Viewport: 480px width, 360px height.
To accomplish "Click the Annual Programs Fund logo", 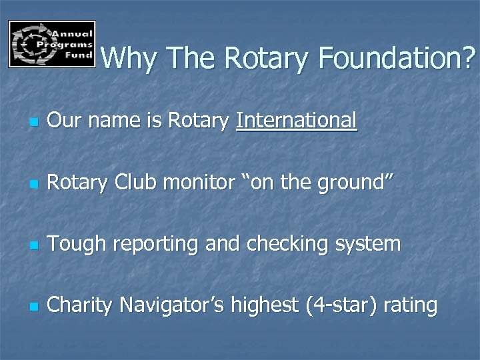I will pyautogui.click(x=52, y=44).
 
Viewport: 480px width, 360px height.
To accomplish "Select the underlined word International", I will pyautogui.click(x=297, y=121).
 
